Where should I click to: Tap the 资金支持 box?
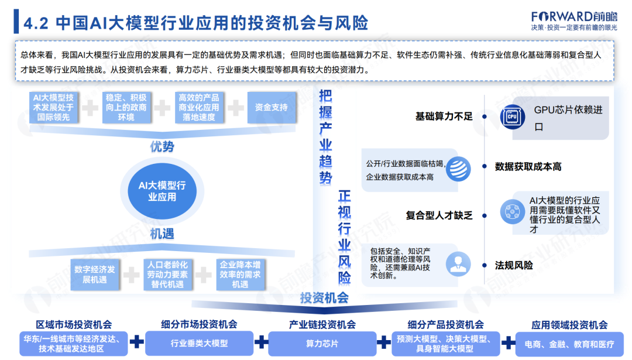(x=272, y=108)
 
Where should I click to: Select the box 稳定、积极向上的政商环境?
(x=126, y=108)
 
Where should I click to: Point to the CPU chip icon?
(x=512, y=116)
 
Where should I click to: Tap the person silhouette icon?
(x=458, y=265)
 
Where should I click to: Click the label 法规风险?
(x=514, y=265)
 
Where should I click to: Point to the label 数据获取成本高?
(x=528, y=167)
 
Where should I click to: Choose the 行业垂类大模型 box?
(x=199, y=344)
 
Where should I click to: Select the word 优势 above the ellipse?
(x=162, y=147)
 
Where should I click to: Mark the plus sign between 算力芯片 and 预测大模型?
(x=383, y=342)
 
